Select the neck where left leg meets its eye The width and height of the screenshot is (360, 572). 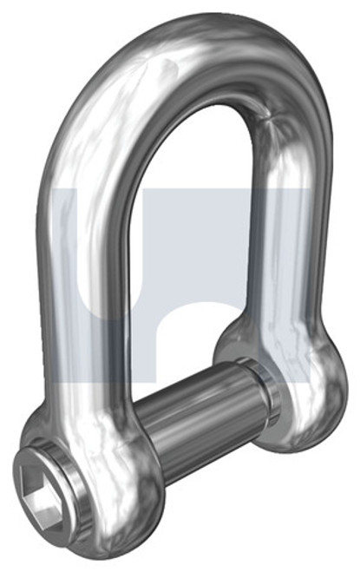pos(91,391)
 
